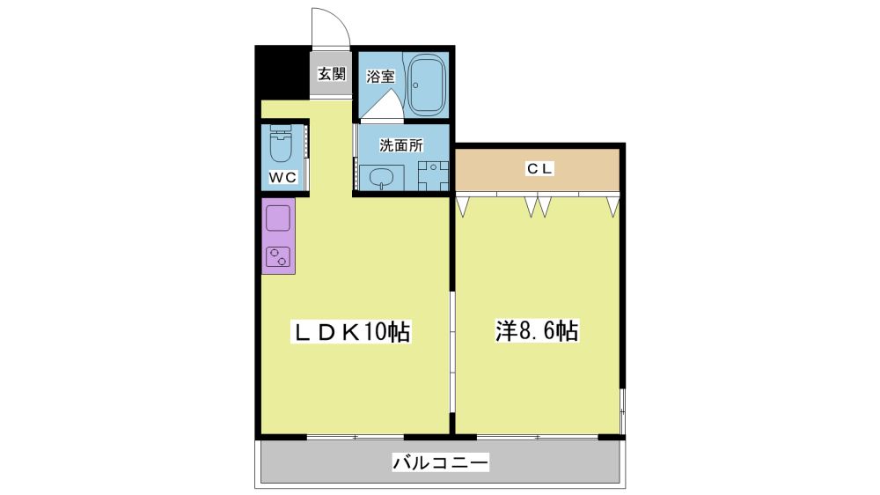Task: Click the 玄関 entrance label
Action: point(332,74)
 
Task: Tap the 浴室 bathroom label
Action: point(380,76)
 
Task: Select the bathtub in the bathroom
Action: point(426,85)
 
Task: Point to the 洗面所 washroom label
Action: point(400,145)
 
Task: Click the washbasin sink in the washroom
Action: point(382,178)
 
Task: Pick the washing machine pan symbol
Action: point(433,176)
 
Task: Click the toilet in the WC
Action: point(281,143)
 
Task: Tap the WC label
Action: point(282,178)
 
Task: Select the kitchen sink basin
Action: point(278,218)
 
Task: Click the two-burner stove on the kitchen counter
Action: point(278,257)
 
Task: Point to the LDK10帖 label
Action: point(351,332)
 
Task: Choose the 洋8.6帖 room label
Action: point(537,331)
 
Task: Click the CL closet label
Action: point(539,168)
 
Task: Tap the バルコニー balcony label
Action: point(440,463)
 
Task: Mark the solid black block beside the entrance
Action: point(282,72)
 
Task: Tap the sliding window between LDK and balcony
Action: point(356,437)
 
